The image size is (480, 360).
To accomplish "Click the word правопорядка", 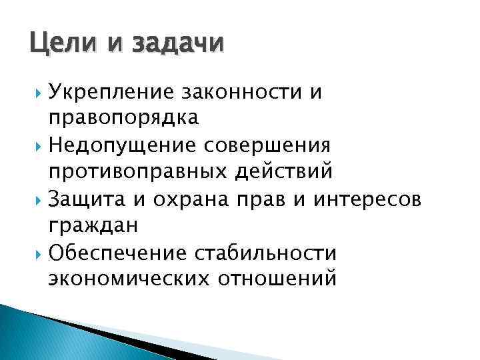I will coord(123,118).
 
